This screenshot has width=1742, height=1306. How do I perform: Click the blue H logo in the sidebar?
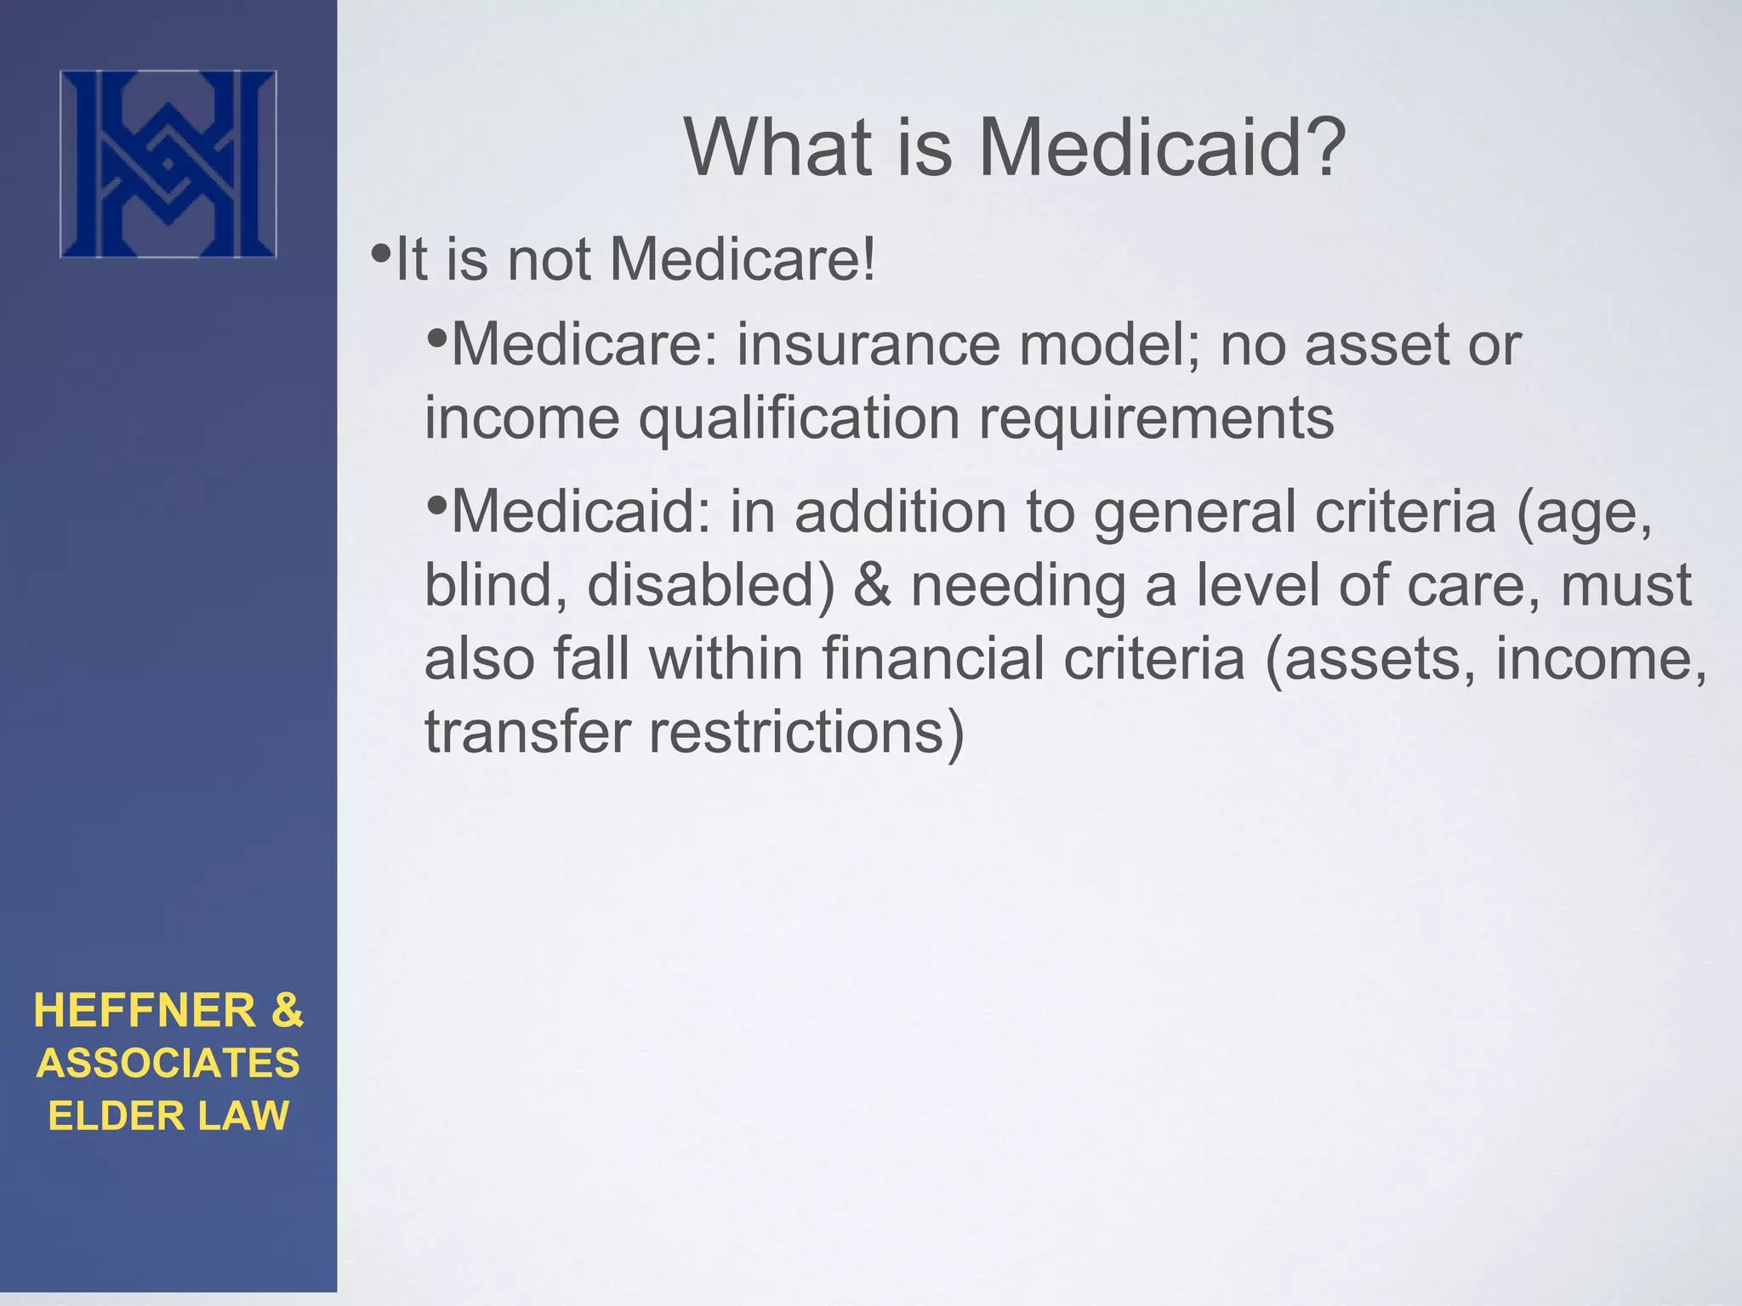(168, 164)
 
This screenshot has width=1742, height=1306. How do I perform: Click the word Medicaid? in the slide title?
(1161, 148)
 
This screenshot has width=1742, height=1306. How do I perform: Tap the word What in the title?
(779, 148)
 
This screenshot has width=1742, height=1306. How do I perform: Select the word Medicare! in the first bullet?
(743, 258)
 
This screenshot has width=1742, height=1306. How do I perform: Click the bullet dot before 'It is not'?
(381, 253)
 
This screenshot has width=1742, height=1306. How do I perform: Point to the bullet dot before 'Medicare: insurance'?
(437, 339)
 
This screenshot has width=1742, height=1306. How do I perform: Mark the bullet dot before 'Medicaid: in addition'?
(437, 506)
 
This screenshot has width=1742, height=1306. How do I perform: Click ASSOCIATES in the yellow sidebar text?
(168, 1064)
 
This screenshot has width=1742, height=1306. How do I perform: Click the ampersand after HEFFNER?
(287, 1011)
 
